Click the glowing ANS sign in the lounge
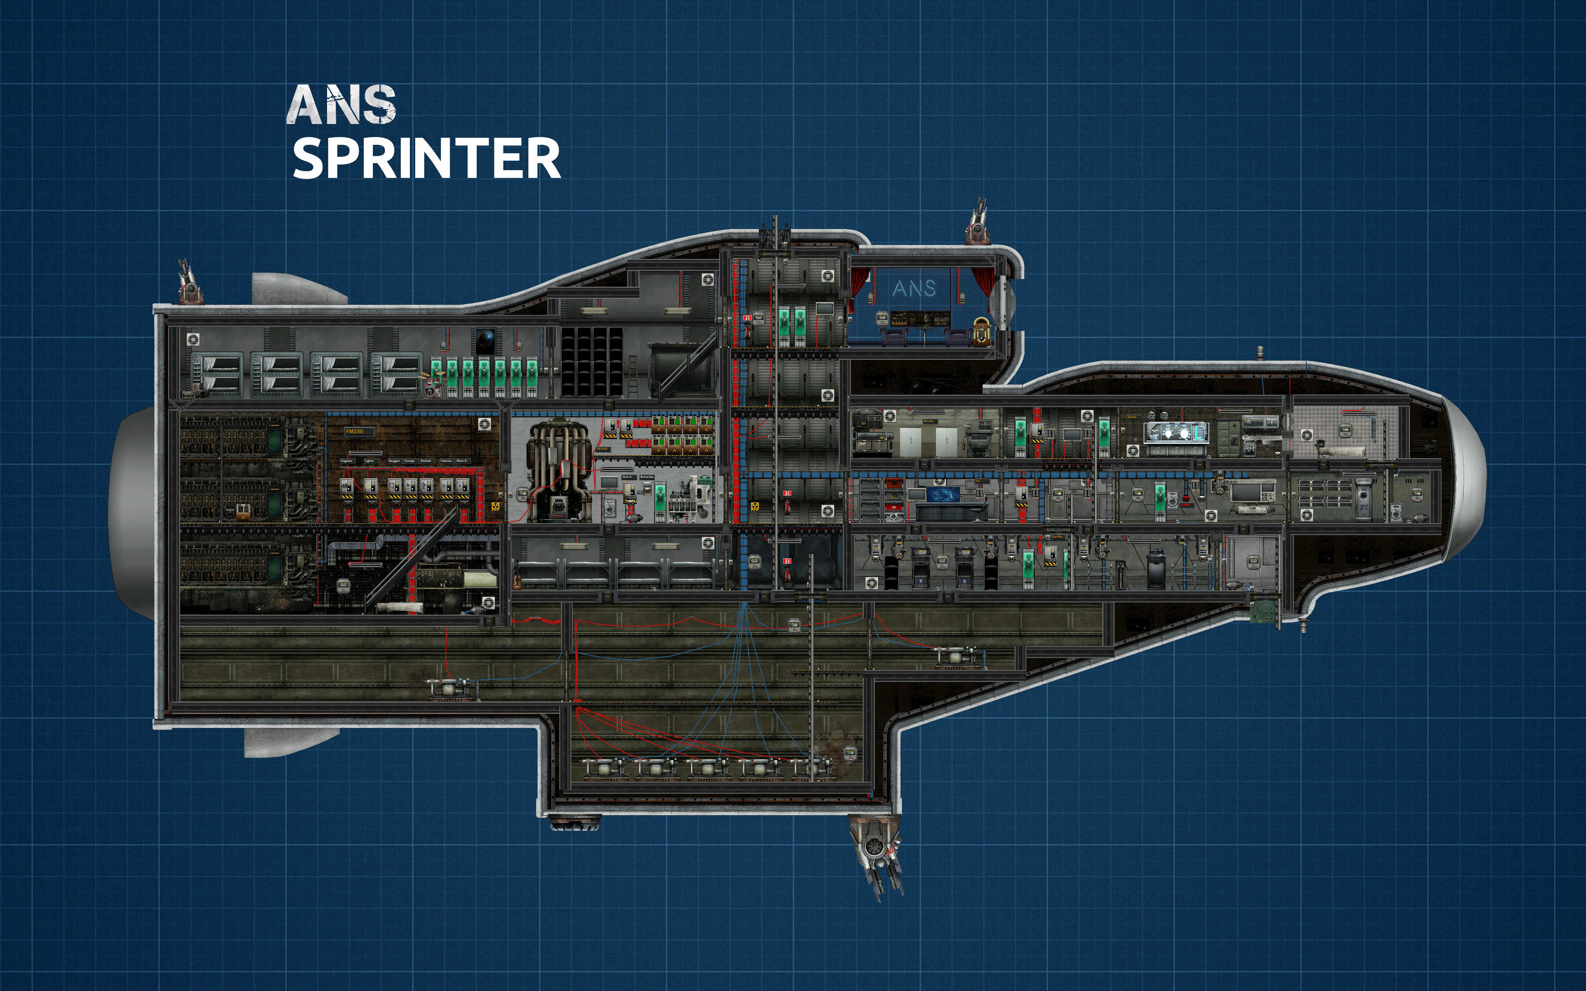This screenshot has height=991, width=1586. click(x=914, y=289)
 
